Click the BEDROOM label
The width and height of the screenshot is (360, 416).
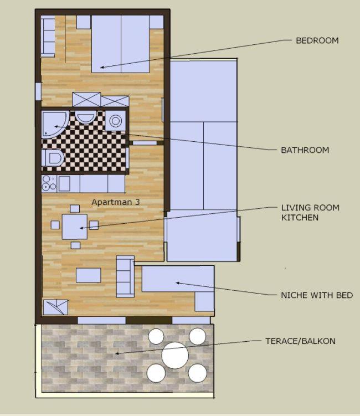[x=317, y=40]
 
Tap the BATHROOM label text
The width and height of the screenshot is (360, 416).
[x=305, y=150]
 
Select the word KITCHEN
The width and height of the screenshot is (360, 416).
[x=300, y=218]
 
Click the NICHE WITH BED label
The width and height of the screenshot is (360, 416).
[x=317, y=295]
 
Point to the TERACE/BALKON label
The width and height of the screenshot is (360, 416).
[x=300, y=341]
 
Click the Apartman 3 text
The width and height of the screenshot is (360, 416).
[x=115, y=202]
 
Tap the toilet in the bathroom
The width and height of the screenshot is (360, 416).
[x=53, y=158]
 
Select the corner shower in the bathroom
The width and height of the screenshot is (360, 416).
[x=55, y=124]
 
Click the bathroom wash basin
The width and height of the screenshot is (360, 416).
[x=85, y=117]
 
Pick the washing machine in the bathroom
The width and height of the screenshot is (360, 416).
[x=115, y=121]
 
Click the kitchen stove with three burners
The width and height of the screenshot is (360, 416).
[x=49, y=183]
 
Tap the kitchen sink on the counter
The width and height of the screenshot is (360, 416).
[x=64, y=183]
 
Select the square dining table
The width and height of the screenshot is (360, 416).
[x=75, y=227]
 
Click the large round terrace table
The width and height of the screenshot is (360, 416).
[x=175, y=356]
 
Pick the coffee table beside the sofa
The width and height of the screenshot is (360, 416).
[x=89, y=275]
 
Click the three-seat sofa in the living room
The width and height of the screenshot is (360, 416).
[x=125, y=276]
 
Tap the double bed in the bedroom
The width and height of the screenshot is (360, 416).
[x=120, y=44]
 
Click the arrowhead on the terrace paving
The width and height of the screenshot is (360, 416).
[x=117, y=353]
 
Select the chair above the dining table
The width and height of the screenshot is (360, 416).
[x=75, y=209]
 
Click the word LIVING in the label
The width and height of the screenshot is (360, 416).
[x=294, y=208]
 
